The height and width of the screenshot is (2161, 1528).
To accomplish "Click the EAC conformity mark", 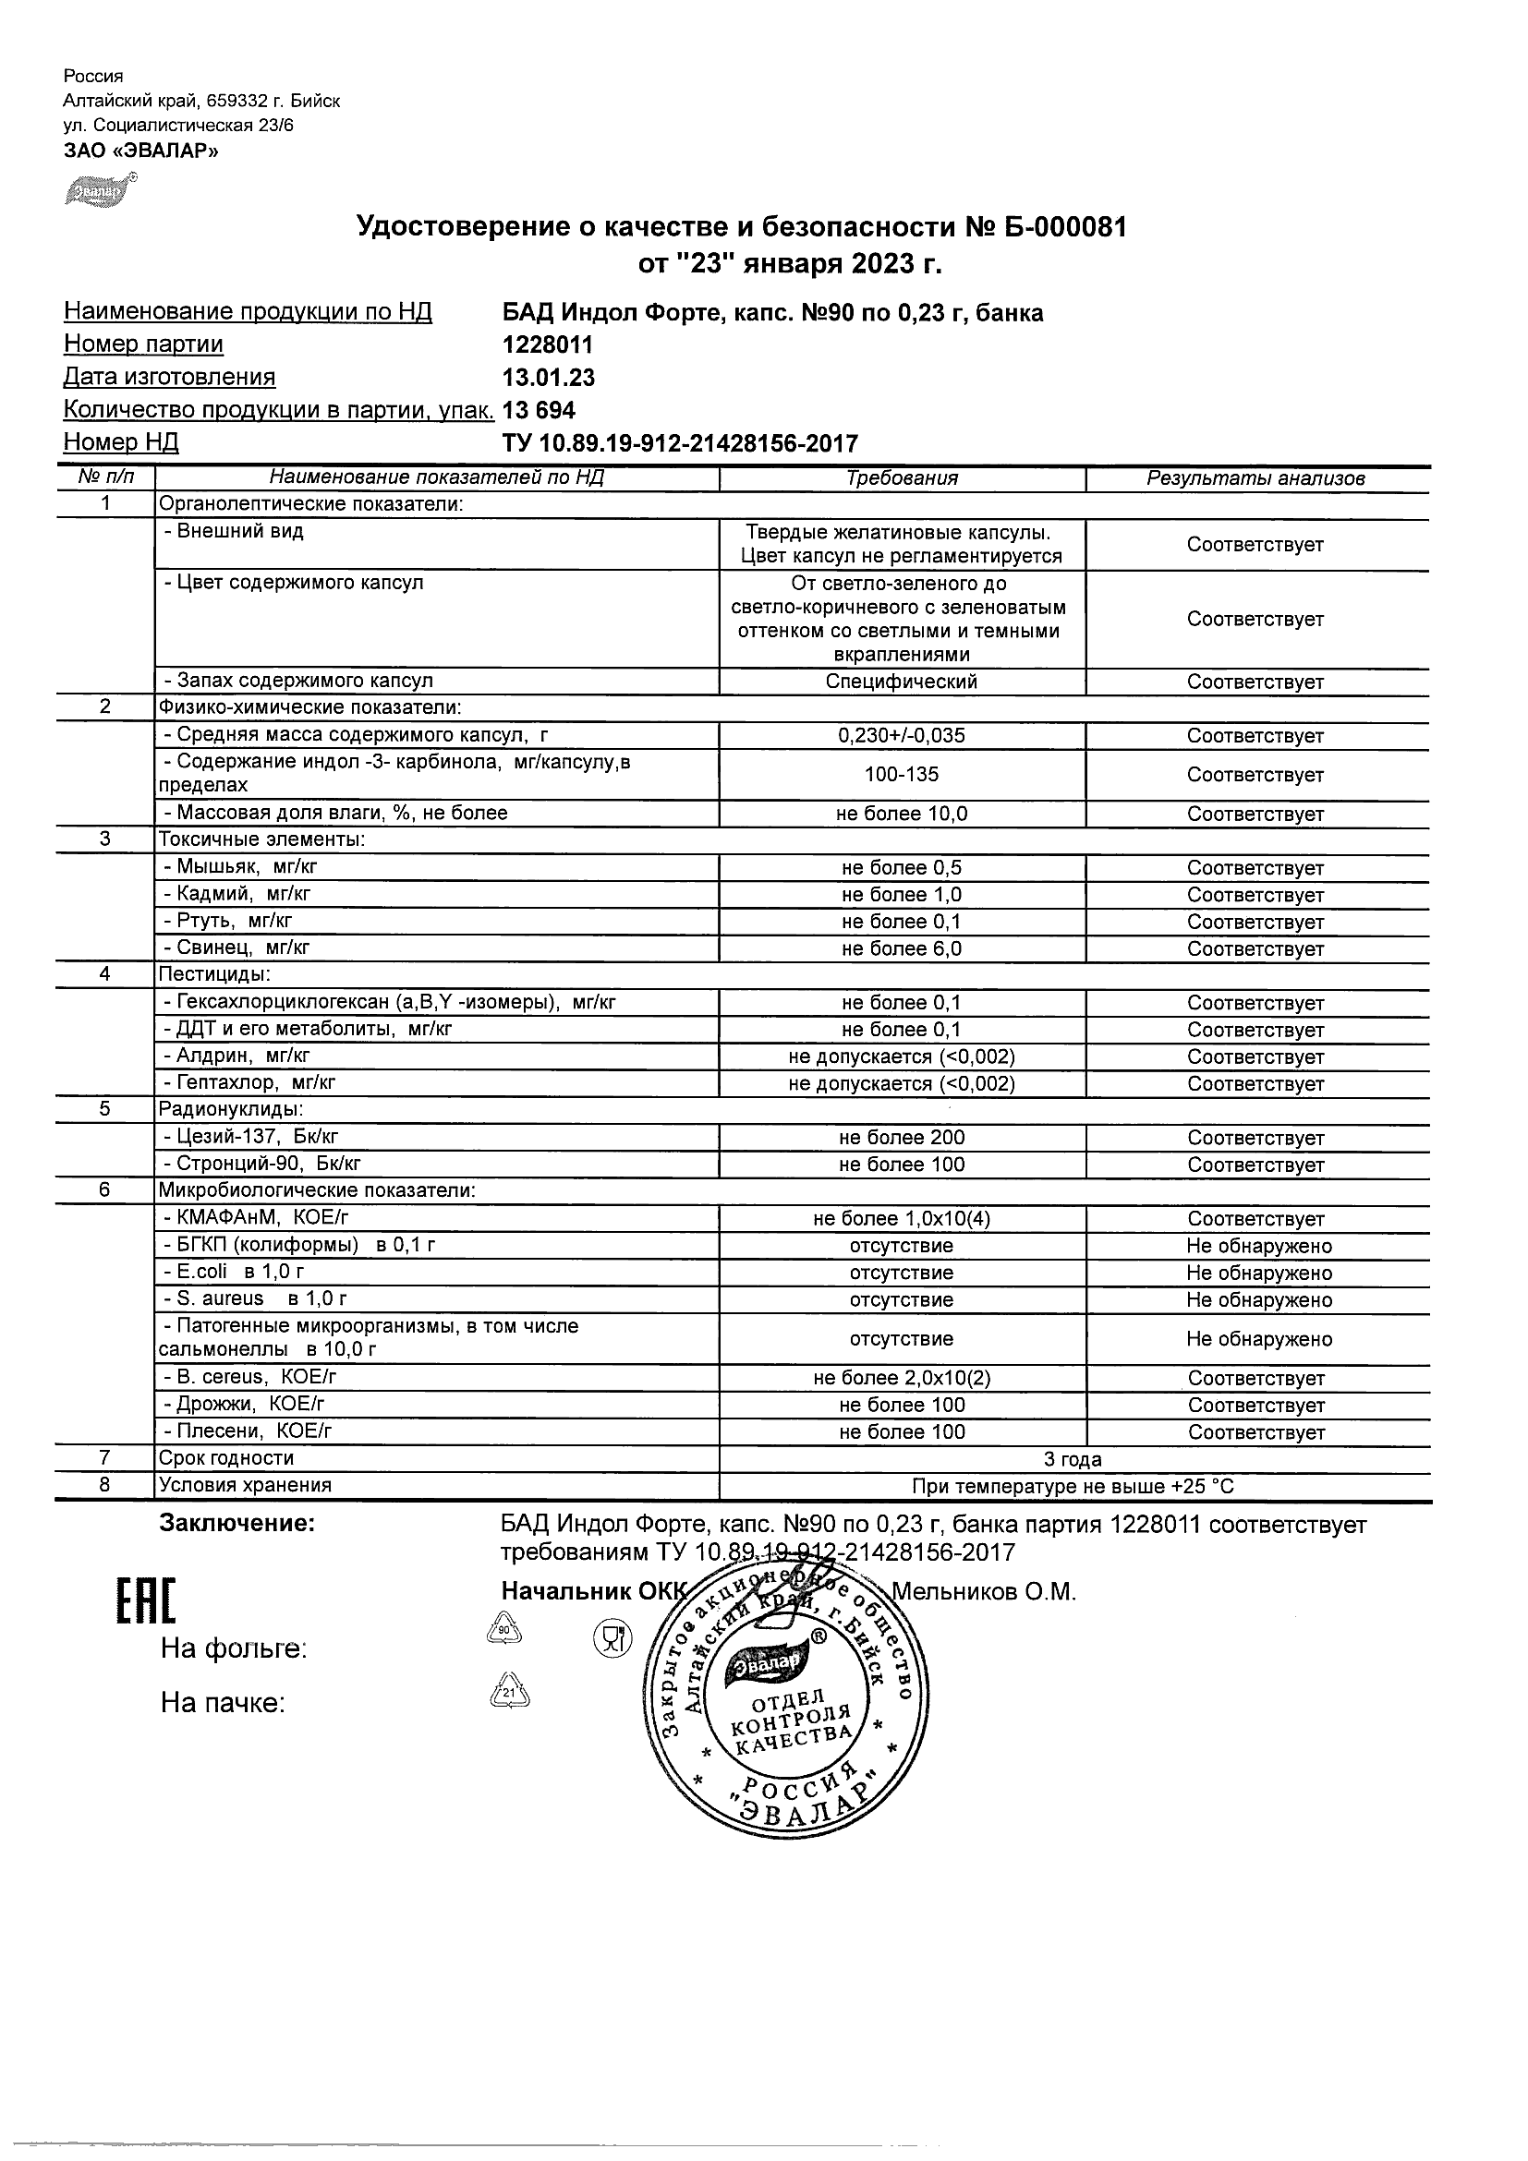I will point(146,1600).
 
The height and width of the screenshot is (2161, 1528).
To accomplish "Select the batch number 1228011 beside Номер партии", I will point(548,344).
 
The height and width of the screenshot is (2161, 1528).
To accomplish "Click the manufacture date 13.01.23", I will point(549,378).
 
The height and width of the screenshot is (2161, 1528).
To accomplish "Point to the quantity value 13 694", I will point(540,410).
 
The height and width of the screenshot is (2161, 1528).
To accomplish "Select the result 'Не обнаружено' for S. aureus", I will point(1259,1299).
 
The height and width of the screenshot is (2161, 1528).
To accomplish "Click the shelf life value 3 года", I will point(1073,1459).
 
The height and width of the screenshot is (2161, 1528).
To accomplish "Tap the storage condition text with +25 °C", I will point(1073,1486).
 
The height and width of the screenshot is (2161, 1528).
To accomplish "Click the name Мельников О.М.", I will point(983,1591).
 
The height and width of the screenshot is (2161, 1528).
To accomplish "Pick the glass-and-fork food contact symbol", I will point(612,1639).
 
